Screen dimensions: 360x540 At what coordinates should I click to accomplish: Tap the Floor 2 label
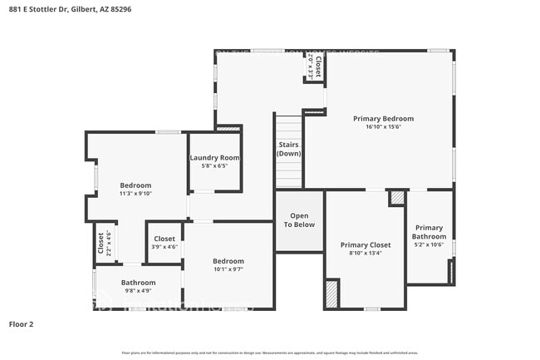coord(22,323)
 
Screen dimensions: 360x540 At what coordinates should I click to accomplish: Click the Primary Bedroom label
coord(383,119)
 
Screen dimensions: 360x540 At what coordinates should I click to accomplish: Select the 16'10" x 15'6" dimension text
coord(383,127)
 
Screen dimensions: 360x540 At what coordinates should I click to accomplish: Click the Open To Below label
coord(300,219)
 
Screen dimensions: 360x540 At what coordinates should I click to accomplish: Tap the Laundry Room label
coord(214,158)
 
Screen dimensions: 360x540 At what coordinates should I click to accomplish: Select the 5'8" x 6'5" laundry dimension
coord(214,166)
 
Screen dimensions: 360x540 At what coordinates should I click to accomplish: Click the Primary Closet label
coord(366,245)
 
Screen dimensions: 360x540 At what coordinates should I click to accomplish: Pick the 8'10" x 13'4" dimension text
coord(366,254)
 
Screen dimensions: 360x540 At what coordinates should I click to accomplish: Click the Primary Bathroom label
coord(430,232)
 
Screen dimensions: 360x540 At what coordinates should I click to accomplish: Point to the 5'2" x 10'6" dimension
coord(430,244)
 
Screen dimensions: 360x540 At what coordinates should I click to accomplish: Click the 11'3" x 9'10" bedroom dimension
coord(135,193)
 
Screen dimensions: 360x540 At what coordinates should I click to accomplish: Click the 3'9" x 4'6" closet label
coord(164,247)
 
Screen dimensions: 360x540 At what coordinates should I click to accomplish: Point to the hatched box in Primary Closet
coord(332,294)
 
